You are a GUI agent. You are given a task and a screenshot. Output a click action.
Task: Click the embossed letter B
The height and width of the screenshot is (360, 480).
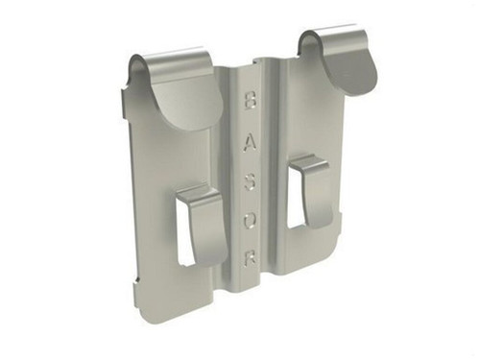coord(250,100)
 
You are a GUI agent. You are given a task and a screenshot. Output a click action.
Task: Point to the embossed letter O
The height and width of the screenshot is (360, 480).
coord(250,221)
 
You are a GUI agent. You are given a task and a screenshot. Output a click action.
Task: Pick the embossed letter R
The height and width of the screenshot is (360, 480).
coord(251,257)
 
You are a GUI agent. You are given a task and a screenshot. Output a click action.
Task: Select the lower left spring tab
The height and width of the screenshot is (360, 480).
coord(204,224)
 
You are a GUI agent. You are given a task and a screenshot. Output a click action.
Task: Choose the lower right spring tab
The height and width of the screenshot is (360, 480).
coord(312,189)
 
